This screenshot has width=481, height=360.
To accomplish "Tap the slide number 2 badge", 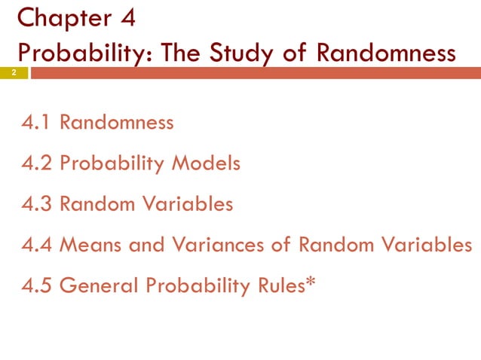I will [14, 73].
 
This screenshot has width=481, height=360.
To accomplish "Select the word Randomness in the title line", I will [386, 53].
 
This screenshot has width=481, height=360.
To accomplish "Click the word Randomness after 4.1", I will [117, 122].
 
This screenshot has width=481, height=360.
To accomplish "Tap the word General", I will [92, 286].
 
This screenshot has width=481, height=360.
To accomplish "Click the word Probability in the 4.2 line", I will [111, 163].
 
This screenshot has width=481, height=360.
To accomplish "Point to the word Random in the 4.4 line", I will [329, 246].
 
